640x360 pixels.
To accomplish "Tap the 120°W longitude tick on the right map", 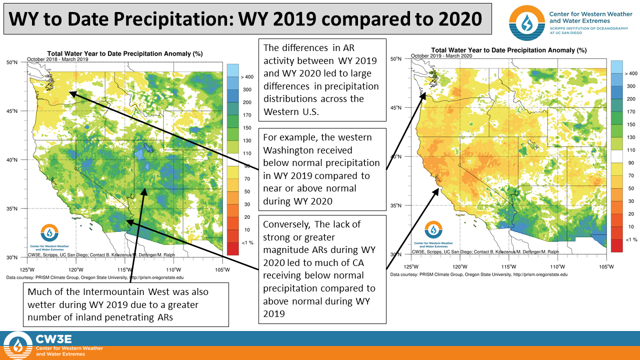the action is click(459, 267).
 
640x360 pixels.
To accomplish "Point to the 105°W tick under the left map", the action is click(222, 269).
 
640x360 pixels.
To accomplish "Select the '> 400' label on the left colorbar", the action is click(247, 77).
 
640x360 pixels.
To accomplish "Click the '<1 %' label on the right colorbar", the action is click(631, 239).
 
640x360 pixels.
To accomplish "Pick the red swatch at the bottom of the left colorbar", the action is click(232, 248).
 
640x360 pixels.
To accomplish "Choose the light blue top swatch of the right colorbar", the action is click(616, 67).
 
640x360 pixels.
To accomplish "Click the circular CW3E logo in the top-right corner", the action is click(527, 23).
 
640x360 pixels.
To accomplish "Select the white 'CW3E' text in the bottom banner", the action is click(53, 339).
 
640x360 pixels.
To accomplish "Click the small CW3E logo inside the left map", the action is click(49, 232).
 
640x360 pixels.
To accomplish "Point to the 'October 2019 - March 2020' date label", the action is click(441, 55).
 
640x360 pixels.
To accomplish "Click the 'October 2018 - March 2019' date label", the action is click(57, 59).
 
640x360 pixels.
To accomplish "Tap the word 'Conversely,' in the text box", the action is click(286, 224).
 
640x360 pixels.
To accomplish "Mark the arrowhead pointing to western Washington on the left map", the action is click(72, 94).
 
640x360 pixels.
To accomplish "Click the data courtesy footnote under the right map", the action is click(479, 274).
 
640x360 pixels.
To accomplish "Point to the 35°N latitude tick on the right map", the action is click(395, 205).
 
